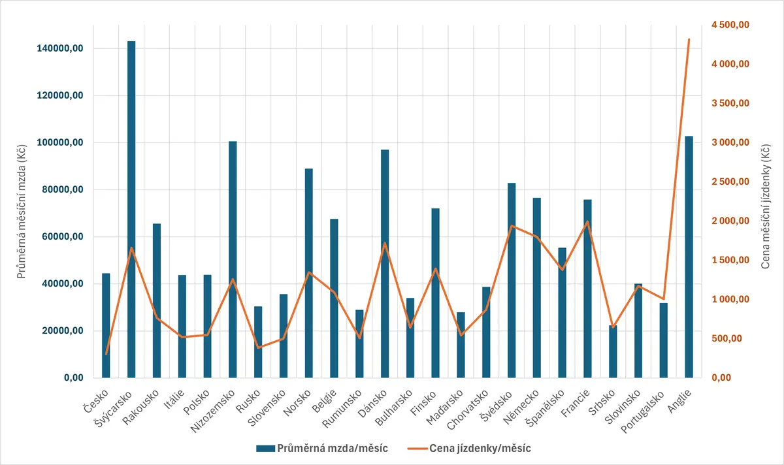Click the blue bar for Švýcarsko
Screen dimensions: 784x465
pyautogui.click(x=131, y=209)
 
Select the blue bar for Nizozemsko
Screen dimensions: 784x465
pyautogui.click(x=233, y=259)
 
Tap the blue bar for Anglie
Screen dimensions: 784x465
pyautogui.click(x=689, y=257)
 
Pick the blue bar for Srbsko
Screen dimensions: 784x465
pyautogui.click(x=613, y=351)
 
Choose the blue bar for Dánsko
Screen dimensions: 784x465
pyautogui.click(x=385, y=263)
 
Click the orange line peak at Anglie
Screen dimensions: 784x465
pyautogui.click(x=689, y=39)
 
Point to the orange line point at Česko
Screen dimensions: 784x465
pyautogui.click(x=106, y=354)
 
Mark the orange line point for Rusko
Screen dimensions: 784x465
pyautogui.click(x=258, y=348)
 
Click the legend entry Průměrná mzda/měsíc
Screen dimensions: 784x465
pyautogui.click(x=322, y=448)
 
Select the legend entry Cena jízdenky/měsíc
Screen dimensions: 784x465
pyautogui.click(x=469, y=448)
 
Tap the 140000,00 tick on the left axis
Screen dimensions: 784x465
pyautogui.click(x=60, y=48)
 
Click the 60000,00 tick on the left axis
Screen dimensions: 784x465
pyautogui.click(x=62, y=236)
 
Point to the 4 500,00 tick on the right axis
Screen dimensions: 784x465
pyautogui.click(x=730, y=25)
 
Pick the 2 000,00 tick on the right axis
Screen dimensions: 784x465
pyautogui.click(x=730, y=221)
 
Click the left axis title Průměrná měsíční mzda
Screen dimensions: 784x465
pyautogui.click(x=22, y=211)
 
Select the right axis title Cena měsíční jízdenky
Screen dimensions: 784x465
pyautogui.click(x=766, y=206)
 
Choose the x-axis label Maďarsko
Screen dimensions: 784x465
pyautogui.click(x=445, y=408)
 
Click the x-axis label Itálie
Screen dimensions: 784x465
pyautogui.click(x=174, y=400)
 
